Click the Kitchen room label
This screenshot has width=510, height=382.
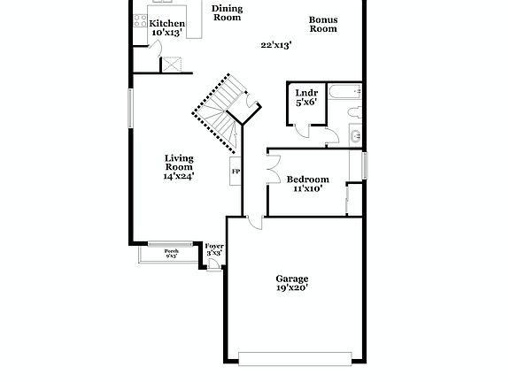166,23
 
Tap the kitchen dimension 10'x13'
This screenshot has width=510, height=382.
166,33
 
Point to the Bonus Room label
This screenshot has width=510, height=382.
322,24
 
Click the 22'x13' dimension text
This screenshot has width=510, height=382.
276,44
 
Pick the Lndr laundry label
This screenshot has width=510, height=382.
306,92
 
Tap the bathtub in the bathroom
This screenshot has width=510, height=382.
344,91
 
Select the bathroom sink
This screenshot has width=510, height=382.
354,135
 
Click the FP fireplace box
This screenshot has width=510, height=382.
236,171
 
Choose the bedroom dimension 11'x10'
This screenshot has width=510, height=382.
307,188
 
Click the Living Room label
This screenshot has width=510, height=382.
179,163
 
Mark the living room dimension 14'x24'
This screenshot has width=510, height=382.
179,176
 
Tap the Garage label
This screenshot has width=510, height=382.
292,279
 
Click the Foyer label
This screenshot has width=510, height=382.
213,247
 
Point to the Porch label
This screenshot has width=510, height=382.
171,252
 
